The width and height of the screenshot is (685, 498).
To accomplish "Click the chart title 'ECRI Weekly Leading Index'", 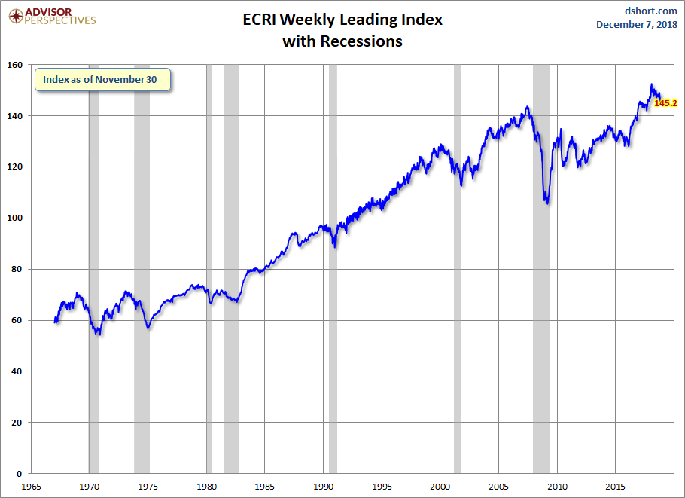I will point(342,20).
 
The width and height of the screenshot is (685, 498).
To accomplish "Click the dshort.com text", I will point(651,11).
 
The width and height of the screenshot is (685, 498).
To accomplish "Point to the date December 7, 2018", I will point(637,25).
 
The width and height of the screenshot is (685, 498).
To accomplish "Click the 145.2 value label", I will point(665,103).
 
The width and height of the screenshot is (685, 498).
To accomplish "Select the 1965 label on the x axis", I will point(31,487).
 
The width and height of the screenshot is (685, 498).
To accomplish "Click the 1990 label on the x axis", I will point(323,487).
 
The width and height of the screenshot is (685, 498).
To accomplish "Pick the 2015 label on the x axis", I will point(615,487).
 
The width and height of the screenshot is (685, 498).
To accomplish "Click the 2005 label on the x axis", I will point(498,487).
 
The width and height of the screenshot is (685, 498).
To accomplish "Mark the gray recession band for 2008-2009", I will point(541,301).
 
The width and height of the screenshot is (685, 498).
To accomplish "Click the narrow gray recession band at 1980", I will point(209,301).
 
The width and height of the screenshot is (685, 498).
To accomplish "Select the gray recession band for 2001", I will point(457,301).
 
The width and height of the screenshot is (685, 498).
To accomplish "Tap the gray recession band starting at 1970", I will point(94,301).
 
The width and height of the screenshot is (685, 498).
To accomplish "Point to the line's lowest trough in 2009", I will point(546,203).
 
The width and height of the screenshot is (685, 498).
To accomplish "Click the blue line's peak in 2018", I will point(651,84).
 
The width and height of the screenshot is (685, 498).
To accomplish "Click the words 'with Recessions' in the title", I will point(342,41).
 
